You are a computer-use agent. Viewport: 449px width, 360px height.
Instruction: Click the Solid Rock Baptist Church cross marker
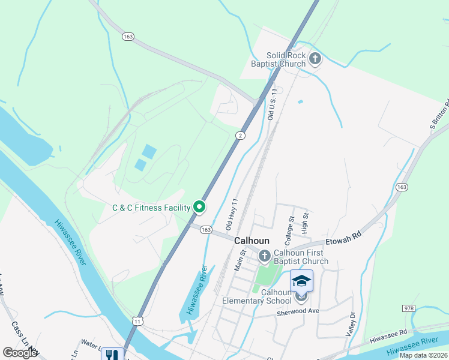(x=315, y=59)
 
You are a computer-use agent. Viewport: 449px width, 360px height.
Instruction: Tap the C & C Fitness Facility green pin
(x=199, y=208)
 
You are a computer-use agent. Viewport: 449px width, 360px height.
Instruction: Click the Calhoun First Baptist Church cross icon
(x=265, y=257)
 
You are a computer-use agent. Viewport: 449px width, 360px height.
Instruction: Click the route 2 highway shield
(x=240, y=136)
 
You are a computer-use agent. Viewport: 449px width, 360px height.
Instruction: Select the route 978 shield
(x=409, y=308)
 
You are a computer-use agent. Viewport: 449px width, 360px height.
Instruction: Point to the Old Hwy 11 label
(x=232, y=215)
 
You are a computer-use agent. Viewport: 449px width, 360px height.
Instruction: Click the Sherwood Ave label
(x=297, y=311)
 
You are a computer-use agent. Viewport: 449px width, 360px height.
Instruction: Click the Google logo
(x=20, y=353)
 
